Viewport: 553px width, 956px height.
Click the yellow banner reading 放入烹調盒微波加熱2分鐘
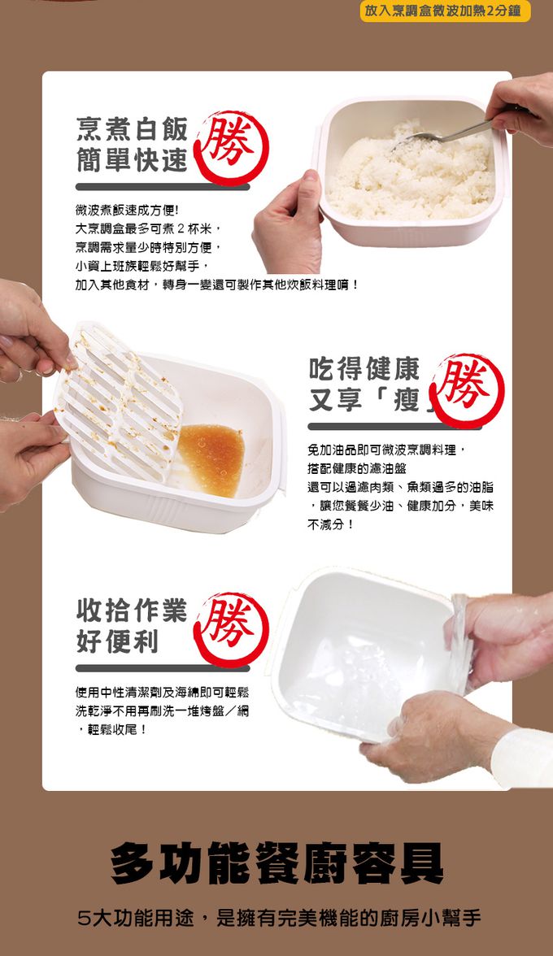[x=445, y=11]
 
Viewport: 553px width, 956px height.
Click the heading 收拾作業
[x=132, y=610]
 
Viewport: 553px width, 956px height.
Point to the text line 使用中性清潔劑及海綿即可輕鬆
[x=163, y=692]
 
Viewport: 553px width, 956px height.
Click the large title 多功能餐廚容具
[x=276, y=863]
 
